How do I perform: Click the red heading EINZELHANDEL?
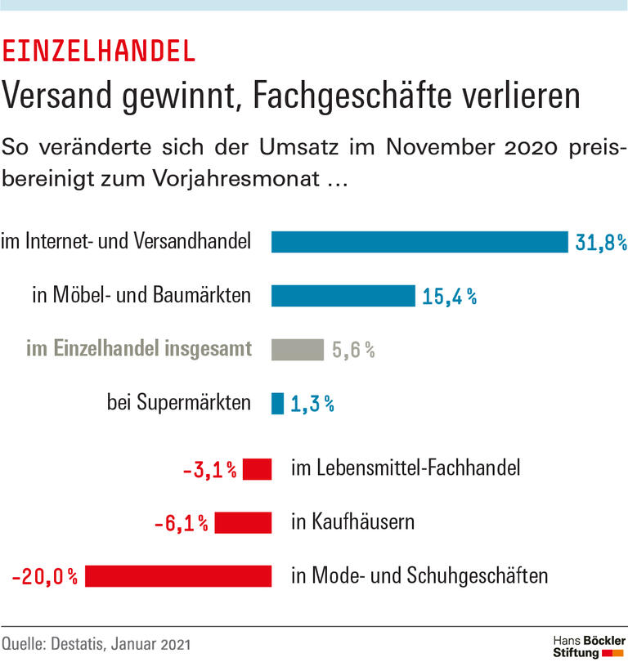[100, 51]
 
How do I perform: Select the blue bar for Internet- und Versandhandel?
[419, 242]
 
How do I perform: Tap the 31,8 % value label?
[600, 243]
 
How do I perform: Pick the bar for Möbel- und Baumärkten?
[343, 296]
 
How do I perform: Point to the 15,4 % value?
[449, 297]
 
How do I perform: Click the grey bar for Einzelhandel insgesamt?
[298, 350]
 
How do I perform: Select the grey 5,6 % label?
[353, 351]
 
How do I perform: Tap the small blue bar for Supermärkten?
[277, 403]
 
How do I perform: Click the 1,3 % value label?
[312, 404]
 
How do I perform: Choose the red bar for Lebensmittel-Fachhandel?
[258, 469]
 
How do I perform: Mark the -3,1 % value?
[209, 470]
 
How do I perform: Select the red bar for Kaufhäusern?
[243, 522]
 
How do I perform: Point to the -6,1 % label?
[181, 523]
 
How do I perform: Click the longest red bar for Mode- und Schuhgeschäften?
[178, 576]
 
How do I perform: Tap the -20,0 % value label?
[45, 577]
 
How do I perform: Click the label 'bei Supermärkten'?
[178, 403]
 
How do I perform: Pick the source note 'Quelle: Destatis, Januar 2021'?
[96, 644]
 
